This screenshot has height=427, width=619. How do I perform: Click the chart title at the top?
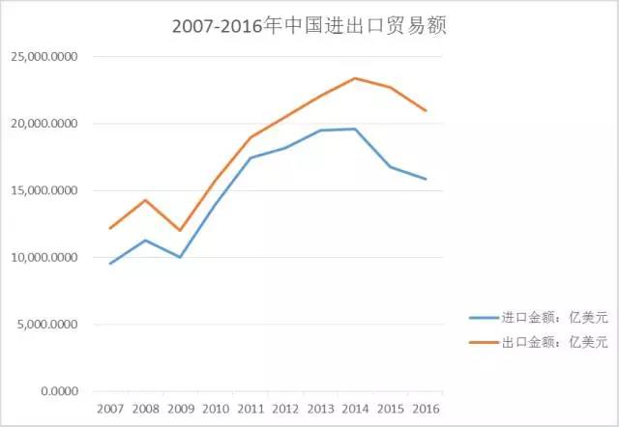309,27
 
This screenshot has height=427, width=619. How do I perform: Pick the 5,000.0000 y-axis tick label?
47,325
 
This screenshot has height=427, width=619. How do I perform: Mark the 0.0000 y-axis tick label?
58,391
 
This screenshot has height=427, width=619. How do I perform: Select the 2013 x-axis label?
321,409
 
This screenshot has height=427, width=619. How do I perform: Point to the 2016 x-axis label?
427,409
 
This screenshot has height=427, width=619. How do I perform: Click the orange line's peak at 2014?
355,78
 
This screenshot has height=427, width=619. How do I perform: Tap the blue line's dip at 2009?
180,257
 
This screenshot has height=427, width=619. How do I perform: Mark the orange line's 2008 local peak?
144,200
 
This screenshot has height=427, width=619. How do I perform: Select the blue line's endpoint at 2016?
426,179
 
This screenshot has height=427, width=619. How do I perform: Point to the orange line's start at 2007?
109,228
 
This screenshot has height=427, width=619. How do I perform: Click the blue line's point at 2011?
251,157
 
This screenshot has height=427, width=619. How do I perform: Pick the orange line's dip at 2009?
180,230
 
